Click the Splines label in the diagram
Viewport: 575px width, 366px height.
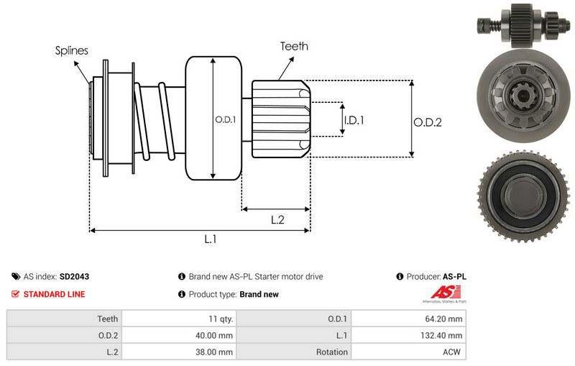coord(72,50)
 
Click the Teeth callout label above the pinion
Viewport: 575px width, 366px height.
coord(295,46)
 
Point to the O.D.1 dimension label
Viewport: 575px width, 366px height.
coord(226,119)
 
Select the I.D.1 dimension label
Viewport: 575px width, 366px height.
coord(354,121)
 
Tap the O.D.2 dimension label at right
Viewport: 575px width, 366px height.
coord(428,122)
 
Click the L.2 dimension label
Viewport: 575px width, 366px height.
coord(278,220)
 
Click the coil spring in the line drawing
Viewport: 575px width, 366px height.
coord(155,119)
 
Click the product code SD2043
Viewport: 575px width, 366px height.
coord(74,276)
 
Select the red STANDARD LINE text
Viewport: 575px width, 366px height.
coord(54,294)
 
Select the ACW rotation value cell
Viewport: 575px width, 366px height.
coord(454,352)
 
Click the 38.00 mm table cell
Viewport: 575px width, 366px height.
coord(216,352)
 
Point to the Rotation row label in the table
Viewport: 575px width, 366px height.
coord(332,352)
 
